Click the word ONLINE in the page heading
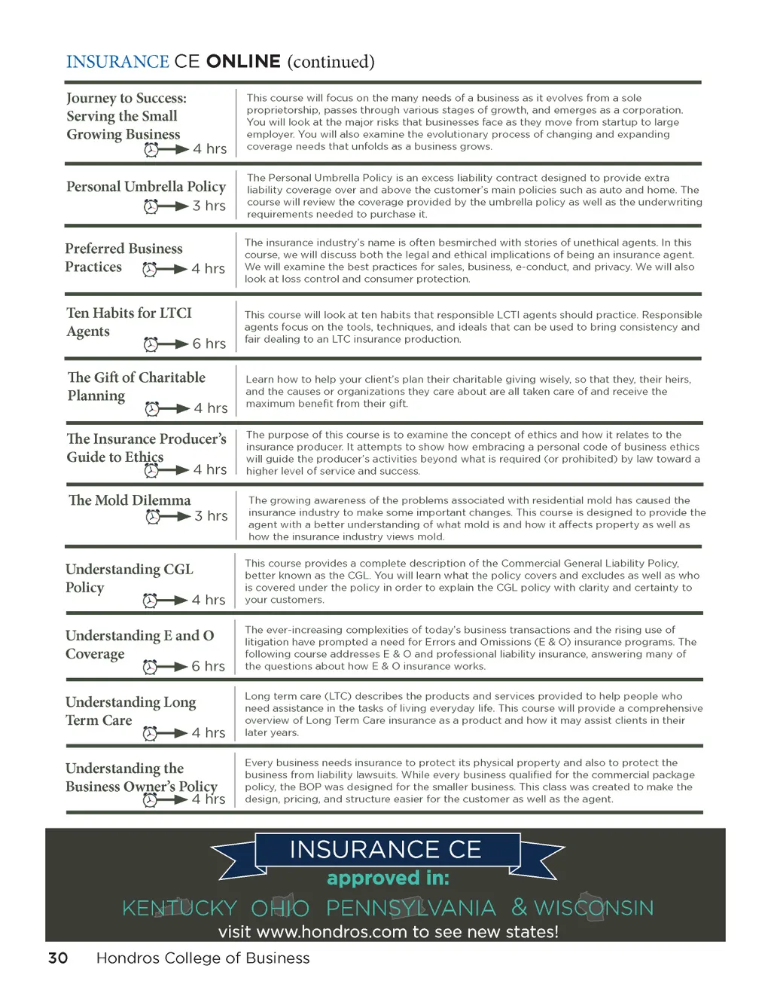[x=243, y=62]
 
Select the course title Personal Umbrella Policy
[x=146, y=186]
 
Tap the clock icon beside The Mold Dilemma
[x=154, y=516]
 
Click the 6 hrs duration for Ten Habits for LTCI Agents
[x=209, y=344]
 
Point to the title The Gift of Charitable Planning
[x=136, y=386]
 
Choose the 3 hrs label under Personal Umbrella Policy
[x=209, y=206]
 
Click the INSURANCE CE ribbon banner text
[x=385, y=850]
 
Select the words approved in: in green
[x=388, y=879]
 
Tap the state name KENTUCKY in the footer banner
[x=179, y=908]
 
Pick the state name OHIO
[x=280, y=908]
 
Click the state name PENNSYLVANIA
[x=411, y=908]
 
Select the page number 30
[x=58, y=958]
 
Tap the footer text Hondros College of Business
[x=203, y=958]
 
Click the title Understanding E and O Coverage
[x=139, y=644]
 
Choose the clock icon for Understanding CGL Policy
[x=151, y=600]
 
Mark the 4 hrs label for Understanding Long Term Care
[x=208, y=732]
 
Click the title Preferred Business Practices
[x=123, y=257]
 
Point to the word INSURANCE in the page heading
[x=117, y=62]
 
